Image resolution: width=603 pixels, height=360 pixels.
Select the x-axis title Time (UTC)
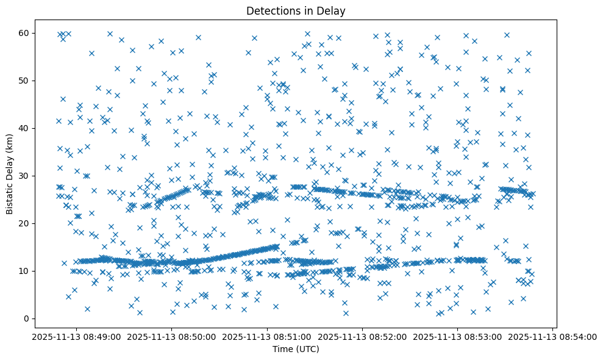pyautogui.click(x=295, y=350)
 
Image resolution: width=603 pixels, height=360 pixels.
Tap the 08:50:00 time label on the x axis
pyautogui.click(x=171, y=336)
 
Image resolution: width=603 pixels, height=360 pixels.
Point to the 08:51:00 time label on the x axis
pyautogui.click(x=267, y=336)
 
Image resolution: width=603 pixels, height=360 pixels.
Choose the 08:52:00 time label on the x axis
pyautogui.click(x=362, y=336)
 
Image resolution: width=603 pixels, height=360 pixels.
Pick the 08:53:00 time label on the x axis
pyautogui.click(x=458, y=336)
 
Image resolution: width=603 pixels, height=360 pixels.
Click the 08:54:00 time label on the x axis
pyautogui.click(x=553, y=336)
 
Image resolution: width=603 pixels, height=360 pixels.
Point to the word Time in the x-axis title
pyautogui.click(x=282, y=350)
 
